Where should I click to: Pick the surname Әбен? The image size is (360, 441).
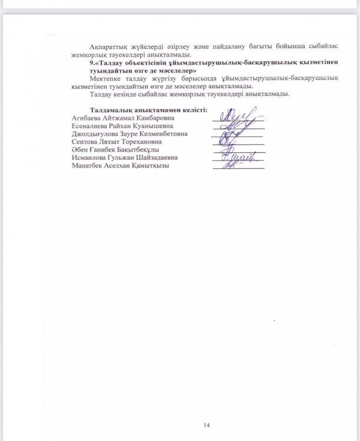(78, 150)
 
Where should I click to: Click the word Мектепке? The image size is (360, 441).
(106, 78)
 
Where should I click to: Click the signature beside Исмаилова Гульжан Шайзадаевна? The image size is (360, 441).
(238, 156)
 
